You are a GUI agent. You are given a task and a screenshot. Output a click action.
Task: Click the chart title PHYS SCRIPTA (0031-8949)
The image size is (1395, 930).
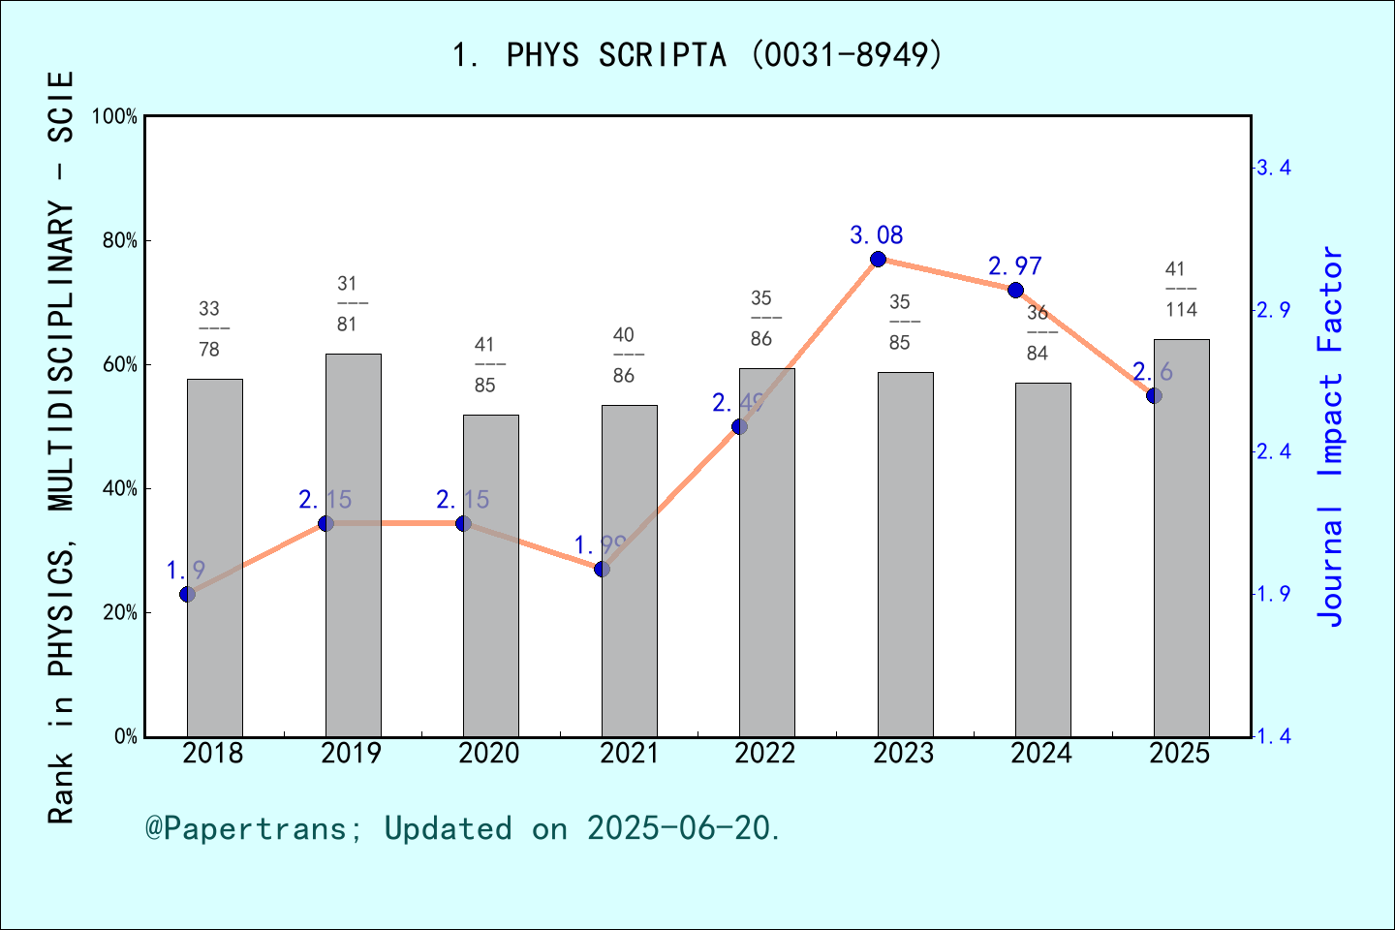pos(697,55)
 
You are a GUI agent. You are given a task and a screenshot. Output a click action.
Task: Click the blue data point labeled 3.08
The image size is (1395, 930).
pos(878,259)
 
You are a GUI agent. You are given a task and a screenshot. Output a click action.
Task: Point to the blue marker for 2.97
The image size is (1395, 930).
pos(1015,290)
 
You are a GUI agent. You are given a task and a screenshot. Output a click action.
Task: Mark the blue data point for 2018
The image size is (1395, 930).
pos(188,594)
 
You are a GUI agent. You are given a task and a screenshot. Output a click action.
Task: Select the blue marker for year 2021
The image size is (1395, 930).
pos(602,569)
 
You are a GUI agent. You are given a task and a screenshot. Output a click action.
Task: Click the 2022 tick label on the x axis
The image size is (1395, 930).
pos(765,754)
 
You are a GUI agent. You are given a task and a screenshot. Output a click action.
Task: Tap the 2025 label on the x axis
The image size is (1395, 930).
pos(1180,754)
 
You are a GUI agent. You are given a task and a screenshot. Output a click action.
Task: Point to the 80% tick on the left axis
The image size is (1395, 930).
pos(120,240)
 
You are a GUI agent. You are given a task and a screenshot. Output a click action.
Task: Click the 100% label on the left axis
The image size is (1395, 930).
pos(115,116)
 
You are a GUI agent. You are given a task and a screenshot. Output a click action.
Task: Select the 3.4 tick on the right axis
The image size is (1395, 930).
pos(1273,169)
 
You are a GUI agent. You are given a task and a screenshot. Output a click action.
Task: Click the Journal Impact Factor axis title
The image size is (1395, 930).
pos(1332,436)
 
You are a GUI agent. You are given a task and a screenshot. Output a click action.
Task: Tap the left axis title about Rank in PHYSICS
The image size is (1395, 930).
pos(60,446)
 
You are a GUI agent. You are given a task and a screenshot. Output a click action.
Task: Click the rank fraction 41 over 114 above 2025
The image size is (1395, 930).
pos(1181,290)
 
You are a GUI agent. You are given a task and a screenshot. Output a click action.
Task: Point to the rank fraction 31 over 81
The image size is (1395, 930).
pos(347,304)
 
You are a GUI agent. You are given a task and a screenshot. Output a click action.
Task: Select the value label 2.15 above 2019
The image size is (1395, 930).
pos(325,500)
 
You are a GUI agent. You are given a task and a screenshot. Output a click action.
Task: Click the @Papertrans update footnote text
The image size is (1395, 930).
pos(463,828)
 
